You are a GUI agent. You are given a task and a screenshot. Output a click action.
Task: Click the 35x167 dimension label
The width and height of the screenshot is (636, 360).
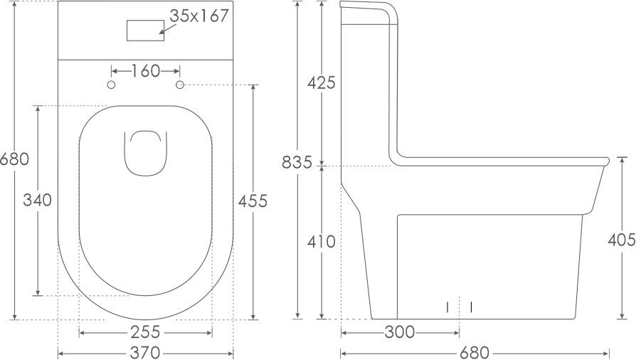click(200, 16)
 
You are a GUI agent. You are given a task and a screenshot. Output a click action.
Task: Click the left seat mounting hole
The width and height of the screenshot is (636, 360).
click(111, 85)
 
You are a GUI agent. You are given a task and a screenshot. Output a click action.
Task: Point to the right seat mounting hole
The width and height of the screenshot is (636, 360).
click(179, 85)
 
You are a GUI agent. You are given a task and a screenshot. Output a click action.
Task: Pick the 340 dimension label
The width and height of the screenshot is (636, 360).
click(37, 201)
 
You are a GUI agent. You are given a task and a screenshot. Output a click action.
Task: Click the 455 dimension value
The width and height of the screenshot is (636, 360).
click(253, 201)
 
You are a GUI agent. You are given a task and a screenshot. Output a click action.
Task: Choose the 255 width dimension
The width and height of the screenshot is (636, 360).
click(145, 332)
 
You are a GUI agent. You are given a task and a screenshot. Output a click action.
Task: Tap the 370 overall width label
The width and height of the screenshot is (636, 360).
click(145, 352)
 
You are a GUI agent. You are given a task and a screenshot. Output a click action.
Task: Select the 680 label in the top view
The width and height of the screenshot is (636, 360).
click(15, 159)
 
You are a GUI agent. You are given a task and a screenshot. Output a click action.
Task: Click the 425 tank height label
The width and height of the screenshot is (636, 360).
click(321, 83)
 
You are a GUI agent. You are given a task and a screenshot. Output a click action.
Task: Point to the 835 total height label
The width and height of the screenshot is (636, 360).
click(297, 163)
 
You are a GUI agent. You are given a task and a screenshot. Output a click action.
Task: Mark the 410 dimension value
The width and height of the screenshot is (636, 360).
click(321, 242)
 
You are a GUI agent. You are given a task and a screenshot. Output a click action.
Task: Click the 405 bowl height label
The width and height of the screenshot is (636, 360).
click(621, 240)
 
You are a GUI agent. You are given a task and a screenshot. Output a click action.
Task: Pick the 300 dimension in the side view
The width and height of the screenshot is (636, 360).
click(400, 332)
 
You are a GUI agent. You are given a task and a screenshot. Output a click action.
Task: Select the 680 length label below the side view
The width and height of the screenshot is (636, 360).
click(475, 352)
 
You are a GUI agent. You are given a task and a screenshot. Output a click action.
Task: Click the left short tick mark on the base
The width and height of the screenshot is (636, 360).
click(447, 307)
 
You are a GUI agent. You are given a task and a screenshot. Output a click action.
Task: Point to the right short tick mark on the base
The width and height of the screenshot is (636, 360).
click(471, 307)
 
